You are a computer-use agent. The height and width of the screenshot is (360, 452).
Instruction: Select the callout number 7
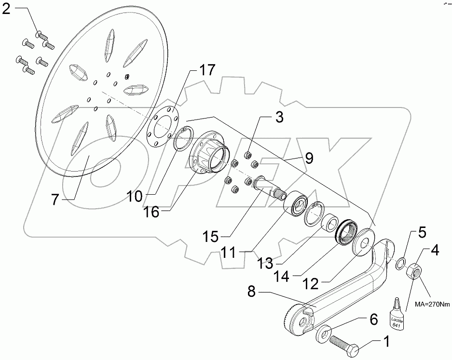(x=55, y=199)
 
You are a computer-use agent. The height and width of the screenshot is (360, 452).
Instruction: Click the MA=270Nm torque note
(x=428, y=305)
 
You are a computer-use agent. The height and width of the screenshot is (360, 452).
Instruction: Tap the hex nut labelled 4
(x=416, y=272)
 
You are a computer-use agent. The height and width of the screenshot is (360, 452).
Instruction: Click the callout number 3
(x=280, y=117)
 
